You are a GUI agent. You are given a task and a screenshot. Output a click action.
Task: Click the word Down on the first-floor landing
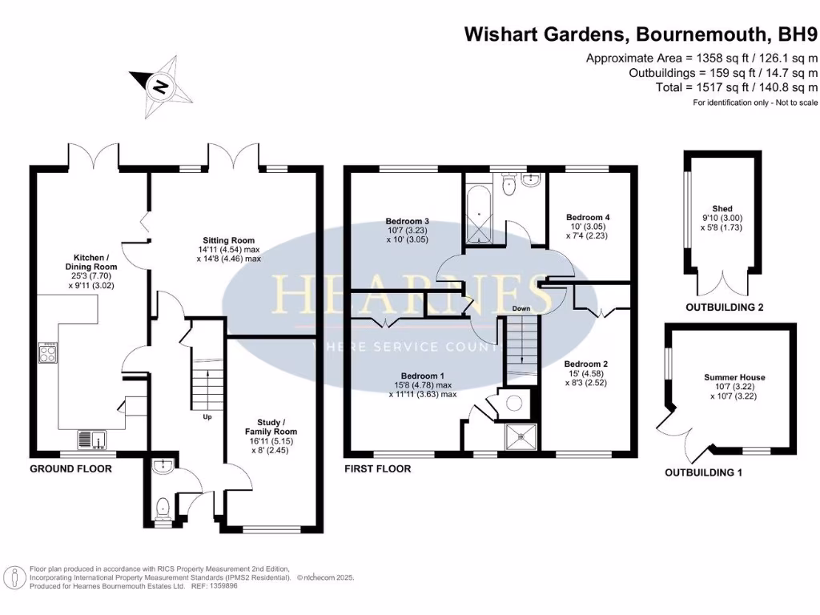(521, 308)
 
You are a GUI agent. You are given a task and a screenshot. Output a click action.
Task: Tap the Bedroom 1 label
(423, 384)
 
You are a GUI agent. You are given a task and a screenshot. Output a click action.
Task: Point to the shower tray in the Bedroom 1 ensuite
(521, 436)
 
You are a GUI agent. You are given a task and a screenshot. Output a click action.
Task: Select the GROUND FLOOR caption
(70, 468)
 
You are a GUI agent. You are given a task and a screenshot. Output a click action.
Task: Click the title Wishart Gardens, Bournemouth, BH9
(641, 34)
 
